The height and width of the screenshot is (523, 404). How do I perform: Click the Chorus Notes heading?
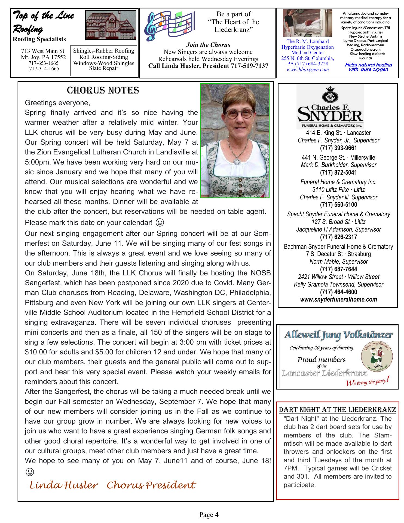[x=103, y=90]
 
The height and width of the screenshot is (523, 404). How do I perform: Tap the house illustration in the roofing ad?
[x=111, y=25]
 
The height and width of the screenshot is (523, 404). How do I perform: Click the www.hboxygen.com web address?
[x=307, y=69]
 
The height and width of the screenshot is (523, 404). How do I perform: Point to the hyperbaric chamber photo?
[x=307, y=23]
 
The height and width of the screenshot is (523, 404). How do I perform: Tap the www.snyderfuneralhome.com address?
[x=338, y=300]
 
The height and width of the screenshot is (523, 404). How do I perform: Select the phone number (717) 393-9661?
[x=338, y=148]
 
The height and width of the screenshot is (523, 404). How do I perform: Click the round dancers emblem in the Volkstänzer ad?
[x=377, y=357]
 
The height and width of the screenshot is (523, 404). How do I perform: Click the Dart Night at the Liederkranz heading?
[x=337, y=410]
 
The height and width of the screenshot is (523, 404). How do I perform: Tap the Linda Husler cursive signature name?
[x=63, y=485]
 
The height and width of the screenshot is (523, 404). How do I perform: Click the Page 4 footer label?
[x=209, y=515]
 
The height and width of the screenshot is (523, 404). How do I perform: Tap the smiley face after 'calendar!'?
[x=160, y=223]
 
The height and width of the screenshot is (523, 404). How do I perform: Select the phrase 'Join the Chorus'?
[x=208, y=45]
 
